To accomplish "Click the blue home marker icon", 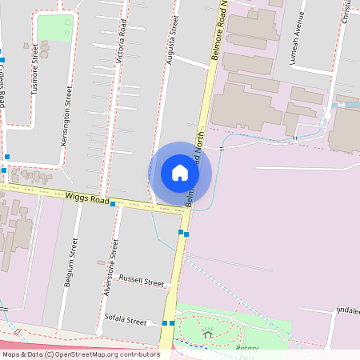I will click(180, 173).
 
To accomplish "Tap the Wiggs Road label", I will click(87, 198).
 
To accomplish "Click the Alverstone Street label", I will click(110, 267).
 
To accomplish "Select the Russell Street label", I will click(141, 282).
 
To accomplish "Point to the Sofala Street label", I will click(126, 318).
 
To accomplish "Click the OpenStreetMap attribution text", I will click(80, 354).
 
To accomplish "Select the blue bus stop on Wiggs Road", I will click(113, 204).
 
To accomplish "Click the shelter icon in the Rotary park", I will click(208, 334).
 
